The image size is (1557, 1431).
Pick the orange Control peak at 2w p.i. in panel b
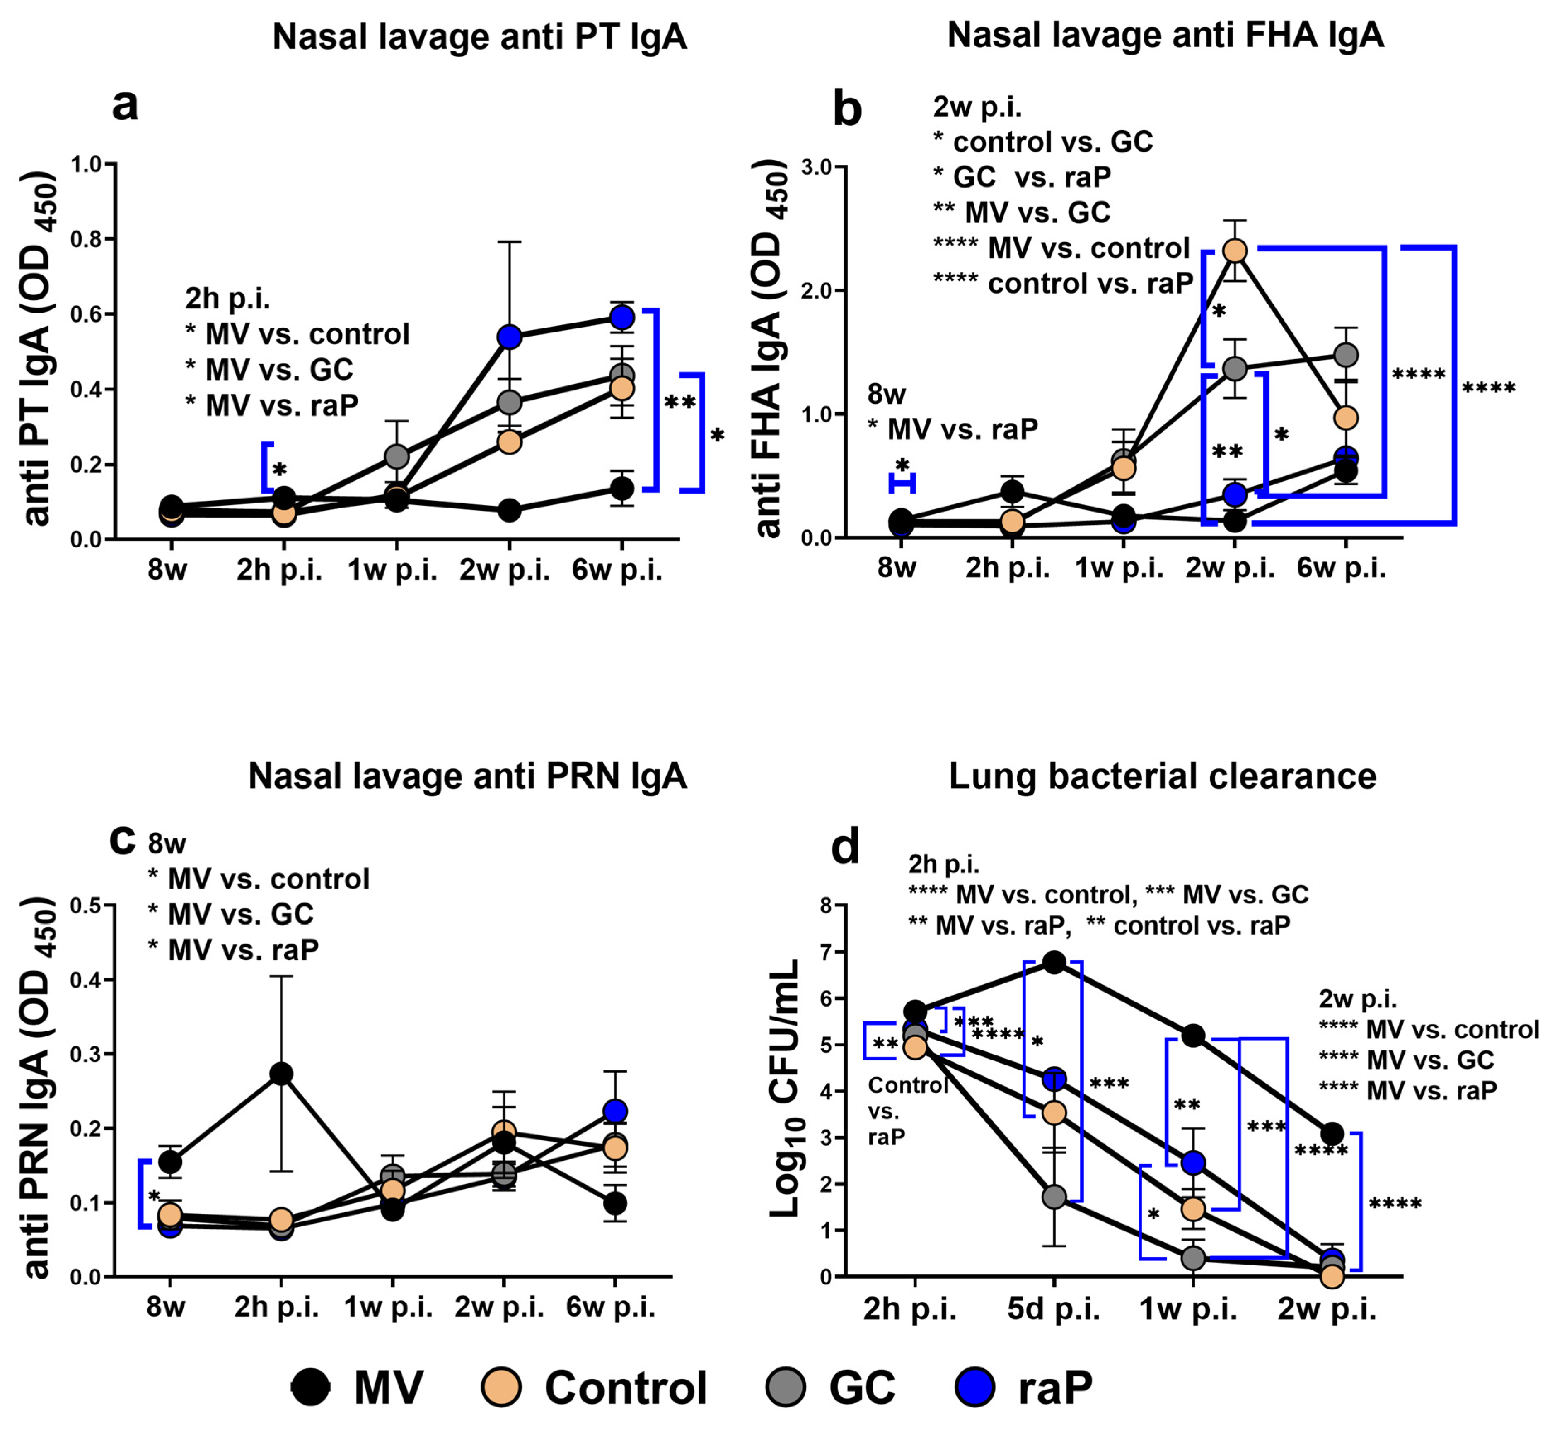1235,251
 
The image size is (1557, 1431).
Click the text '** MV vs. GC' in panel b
1023,212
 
